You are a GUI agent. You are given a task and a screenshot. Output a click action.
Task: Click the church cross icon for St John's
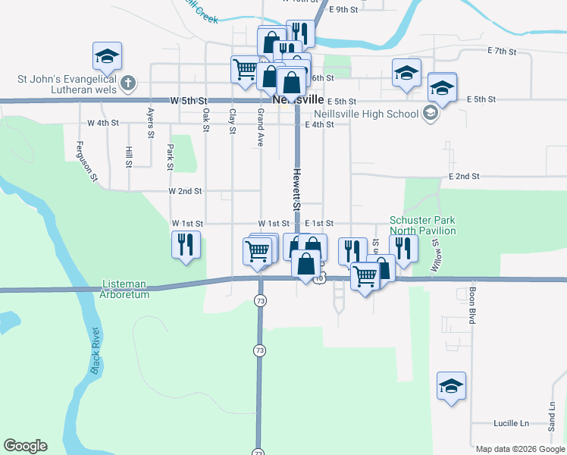(129, 82)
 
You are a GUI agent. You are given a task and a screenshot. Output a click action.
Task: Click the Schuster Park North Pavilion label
(423, 225)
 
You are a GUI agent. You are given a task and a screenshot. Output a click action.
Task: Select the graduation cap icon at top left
(108, 55)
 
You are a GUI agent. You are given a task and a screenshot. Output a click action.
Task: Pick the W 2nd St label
(185, 192)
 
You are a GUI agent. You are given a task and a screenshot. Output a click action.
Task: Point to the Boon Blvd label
(471, 306)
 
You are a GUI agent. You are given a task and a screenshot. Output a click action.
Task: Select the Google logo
(25, 446)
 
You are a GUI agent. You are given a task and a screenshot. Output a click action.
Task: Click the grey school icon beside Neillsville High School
(430, 114)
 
